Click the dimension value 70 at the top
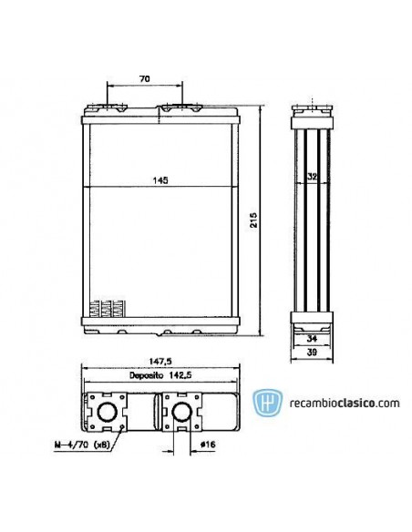point(144,79)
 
